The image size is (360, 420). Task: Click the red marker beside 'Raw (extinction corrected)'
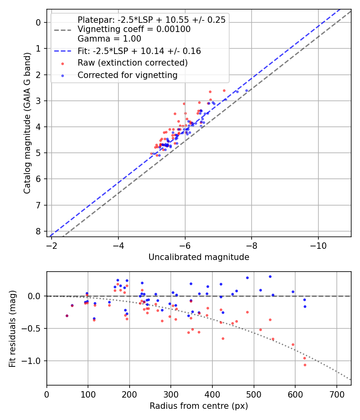click(62, 63)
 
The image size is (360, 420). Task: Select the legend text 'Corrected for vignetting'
click(127, 75)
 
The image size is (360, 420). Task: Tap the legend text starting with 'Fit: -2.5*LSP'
click(139, 51)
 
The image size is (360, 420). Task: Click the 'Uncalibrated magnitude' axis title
click(199, 257)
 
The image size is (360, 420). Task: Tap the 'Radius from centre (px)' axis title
click(199, 406)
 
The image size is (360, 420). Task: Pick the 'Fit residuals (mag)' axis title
click(12, 328)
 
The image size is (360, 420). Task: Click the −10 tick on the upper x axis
click(318, 244)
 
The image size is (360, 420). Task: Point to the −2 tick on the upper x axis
click(52, 244)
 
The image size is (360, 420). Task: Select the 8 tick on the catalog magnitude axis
click(38, 232)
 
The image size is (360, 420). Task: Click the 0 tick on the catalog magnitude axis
click(38, 22)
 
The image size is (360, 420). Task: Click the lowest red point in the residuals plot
click(305, 365)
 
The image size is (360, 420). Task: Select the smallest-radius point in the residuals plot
click(67, 316)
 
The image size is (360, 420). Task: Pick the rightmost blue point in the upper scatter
click(247, 90)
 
